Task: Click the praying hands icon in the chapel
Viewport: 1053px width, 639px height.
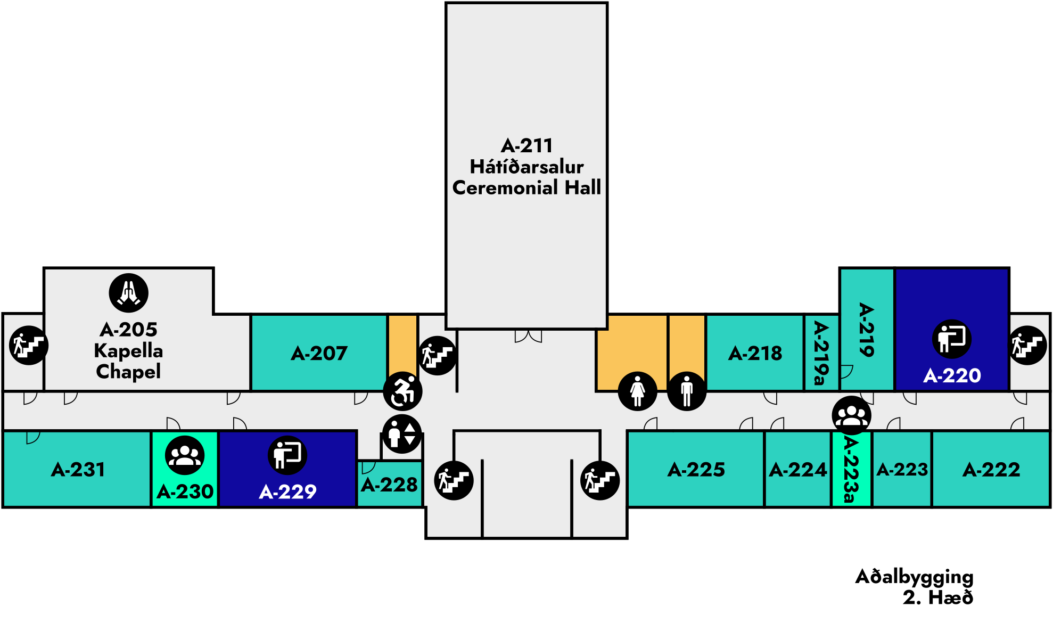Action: pyautogui.click(x=128, y=293)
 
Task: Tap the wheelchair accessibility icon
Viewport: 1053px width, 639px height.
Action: pyautogui.click(x=403, y=391)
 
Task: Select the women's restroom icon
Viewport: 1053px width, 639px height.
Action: pyautogui.click(x=637, y=391)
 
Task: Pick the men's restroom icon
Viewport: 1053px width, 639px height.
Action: pyautogui.click(x=687, y=391)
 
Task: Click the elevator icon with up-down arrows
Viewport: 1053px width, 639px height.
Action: pyautogui.click(x=402, y=434)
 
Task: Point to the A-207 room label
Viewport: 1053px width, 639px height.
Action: pyautogui.click(x=319, y=354)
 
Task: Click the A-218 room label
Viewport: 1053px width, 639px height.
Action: pyautogui.click(x=755, y=354)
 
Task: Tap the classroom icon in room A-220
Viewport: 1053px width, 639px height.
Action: pyautogui.click(x=952, y=339)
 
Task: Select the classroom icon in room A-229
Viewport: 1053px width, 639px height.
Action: pyautogui.click(x=287, y=455)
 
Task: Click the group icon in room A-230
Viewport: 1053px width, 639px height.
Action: pyautogui.click(x=185, y=455)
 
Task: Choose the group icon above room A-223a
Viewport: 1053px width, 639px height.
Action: pyautogui.click(x=852, y=415)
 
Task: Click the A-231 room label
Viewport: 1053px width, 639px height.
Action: pyautogui.click(x=78, y=470)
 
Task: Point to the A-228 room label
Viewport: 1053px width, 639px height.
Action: pyautogui.click(x=389, y=485)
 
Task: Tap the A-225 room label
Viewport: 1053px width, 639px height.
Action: pyautogui.click(x=696, y=470)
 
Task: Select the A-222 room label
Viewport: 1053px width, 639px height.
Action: pyautogui.click(x=991, y=470)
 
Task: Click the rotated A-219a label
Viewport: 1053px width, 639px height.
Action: pyautogui.click(x=821, y=353)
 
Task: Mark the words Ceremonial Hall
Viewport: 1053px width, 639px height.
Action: pyautogui.click(x=526, y=188)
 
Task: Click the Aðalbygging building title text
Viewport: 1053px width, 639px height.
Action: pyautogui.click(x=914, y=577)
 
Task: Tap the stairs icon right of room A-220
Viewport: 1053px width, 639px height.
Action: pyautogui.click(x=1027, y=345)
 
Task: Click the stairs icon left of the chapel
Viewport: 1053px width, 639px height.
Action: pyautogui.click(x=29, y=345)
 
